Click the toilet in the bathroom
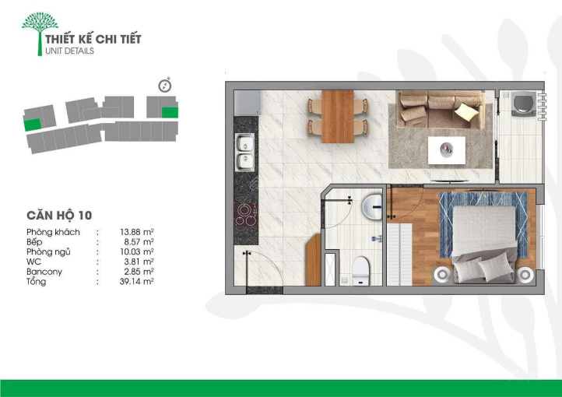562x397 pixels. (x=360, y=271)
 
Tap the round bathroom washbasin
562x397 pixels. (x=372, y=208)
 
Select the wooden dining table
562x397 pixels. (x=338, y=117)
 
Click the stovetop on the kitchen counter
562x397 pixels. (x=246, y=215)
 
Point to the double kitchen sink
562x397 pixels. (x=245, y=153)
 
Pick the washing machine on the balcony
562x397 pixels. (x=524, y=104)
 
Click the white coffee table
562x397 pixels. (x=447, y=150)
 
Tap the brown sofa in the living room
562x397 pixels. (x=441, y=109)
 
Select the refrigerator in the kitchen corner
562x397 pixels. (x=247, y=103)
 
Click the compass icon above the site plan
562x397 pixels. (x=165, y=86)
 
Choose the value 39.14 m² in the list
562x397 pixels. (x=136, y=282)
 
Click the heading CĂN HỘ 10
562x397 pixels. (x=59, y=216)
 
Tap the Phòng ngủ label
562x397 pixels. (x=48, y=252)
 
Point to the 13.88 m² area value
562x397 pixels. (x=136, y=232)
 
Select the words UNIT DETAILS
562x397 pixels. (x=69, y=51)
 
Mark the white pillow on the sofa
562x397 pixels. (x=466, y=111)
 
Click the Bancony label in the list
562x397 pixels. (x=44, y=272)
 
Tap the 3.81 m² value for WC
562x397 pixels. (x=139, y=262)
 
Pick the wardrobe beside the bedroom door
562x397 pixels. (x=399, y=254)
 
